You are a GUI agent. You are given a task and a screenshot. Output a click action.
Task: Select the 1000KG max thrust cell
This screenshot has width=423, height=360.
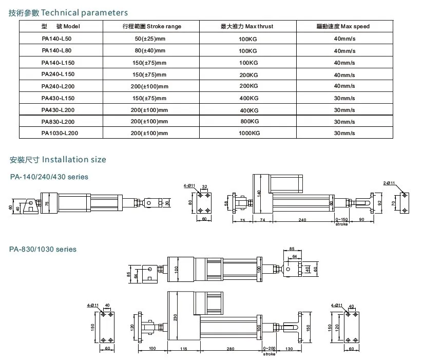(249, 133)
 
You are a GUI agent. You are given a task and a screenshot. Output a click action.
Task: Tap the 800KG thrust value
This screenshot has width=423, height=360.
(249, 121)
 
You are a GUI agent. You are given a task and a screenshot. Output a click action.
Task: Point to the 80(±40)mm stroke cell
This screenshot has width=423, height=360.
(149, 51)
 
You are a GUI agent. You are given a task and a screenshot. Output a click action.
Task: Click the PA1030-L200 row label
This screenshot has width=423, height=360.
(60, 133)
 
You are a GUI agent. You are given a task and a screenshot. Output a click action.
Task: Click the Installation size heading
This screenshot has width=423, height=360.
(58, 160)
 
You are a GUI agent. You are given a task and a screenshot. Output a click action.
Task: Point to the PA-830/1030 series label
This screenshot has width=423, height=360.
(43, 250)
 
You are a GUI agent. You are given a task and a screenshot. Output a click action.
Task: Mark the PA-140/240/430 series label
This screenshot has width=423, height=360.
(49, 177)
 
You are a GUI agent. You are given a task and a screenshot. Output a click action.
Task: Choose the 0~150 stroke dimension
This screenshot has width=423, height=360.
(341, 220)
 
